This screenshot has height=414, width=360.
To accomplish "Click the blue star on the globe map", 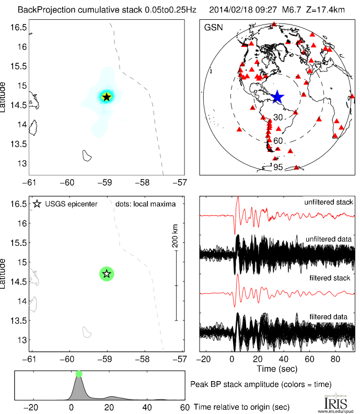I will [x=277, y=97].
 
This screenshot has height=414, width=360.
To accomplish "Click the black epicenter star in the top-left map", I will [x=107, y=97].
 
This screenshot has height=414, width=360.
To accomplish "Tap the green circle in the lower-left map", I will [x=107, y=274].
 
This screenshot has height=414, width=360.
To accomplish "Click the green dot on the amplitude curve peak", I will [x=79, y=374].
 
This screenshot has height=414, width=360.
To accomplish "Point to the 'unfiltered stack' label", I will [x=329, y=202].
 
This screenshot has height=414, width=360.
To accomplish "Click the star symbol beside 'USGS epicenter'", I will [x=37, y=204].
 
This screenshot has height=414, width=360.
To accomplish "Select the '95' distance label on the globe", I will [x=278, y=167].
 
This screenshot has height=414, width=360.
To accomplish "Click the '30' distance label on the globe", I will [x=278, y=118].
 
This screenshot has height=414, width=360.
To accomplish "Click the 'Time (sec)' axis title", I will [x=277, y=369].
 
